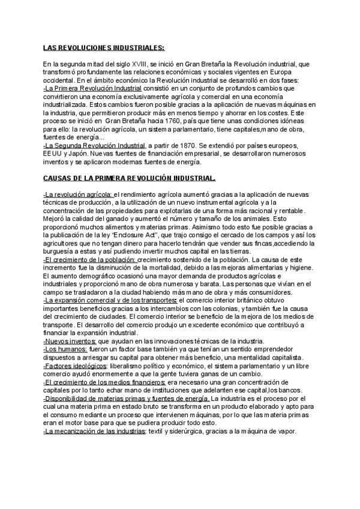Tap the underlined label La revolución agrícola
[78, 194]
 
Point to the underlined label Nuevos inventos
[66, 341]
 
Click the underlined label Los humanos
[65, 349]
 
